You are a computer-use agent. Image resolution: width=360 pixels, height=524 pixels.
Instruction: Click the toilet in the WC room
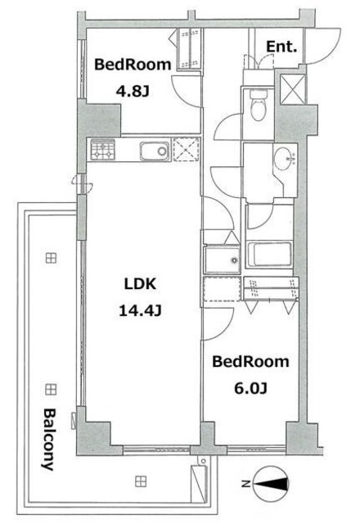click(x=259, y=104)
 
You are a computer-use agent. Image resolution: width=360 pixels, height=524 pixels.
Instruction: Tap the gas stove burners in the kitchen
click(x=103, y=150)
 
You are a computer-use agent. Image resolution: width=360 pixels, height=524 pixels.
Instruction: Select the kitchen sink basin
click(x=155, y=151)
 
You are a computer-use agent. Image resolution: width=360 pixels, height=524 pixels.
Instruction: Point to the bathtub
click(x=269, y=255)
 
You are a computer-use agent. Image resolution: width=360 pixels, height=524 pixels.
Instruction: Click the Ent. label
click(x=281, y=47)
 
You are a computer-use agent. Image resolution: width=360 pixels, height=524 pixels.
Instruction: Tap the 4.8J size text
click(x=133, y=91)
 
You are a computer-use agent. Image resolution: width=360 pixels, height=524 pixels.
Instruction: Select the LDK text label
click(x=140, y=284)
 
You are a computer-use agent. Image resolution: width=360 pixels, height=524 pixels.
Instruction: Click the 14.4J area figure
click(x=140, y=311)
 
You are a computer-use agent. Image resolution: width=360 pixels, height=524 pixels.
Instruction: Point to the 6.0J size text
click(x=250, y=388)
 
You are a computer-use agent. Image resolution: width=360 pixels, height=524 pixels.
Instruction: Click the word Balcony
click(x=49, y=440)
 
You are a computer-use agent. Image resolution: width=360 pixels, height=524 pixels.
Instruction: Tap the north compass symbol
click(x=271, y=484)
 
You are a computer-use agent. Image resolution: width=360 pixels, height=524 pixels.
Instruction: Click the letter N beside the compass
click(x=245, y=484)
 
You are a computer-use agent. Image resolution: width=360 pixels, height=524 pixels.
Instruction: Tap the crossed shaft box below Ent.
click(x=293, y=89)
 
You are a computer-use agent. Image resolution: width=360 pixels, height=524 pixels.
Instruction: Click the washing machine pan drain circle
click(x=235, y=260)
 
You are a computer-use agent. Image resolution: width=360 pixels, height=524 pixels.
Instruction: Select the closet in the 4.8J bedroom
click(x=189, y=49)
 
